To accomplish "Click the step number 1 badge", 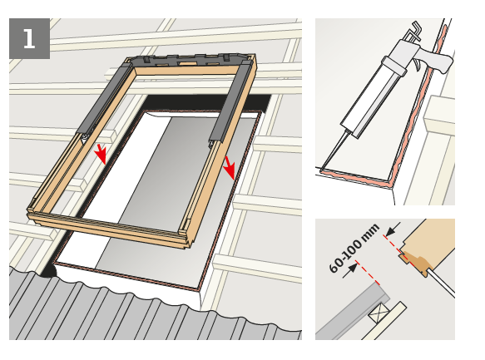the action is (x=29, y=38).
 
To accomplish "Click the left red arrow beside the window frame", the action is (x=101, y=153).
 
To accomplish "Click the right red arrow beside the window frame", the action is (x=230, y=168).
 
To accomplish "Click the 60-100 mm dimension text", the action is (x=354, y=248).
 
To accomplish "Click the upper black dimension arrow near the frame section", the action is (x=393, y=229).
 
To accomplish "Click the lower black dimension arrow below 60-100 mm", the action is (x=350, y=270).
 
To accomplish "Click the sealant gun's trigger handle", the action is (x=440, y=62).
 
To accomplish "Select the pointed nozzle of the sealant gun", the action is (x=335, y=150).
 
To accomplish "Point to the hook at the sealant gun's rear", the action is (x=415, y=30).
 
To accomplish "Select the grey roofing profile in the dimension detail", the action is (x=353, y=312).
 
